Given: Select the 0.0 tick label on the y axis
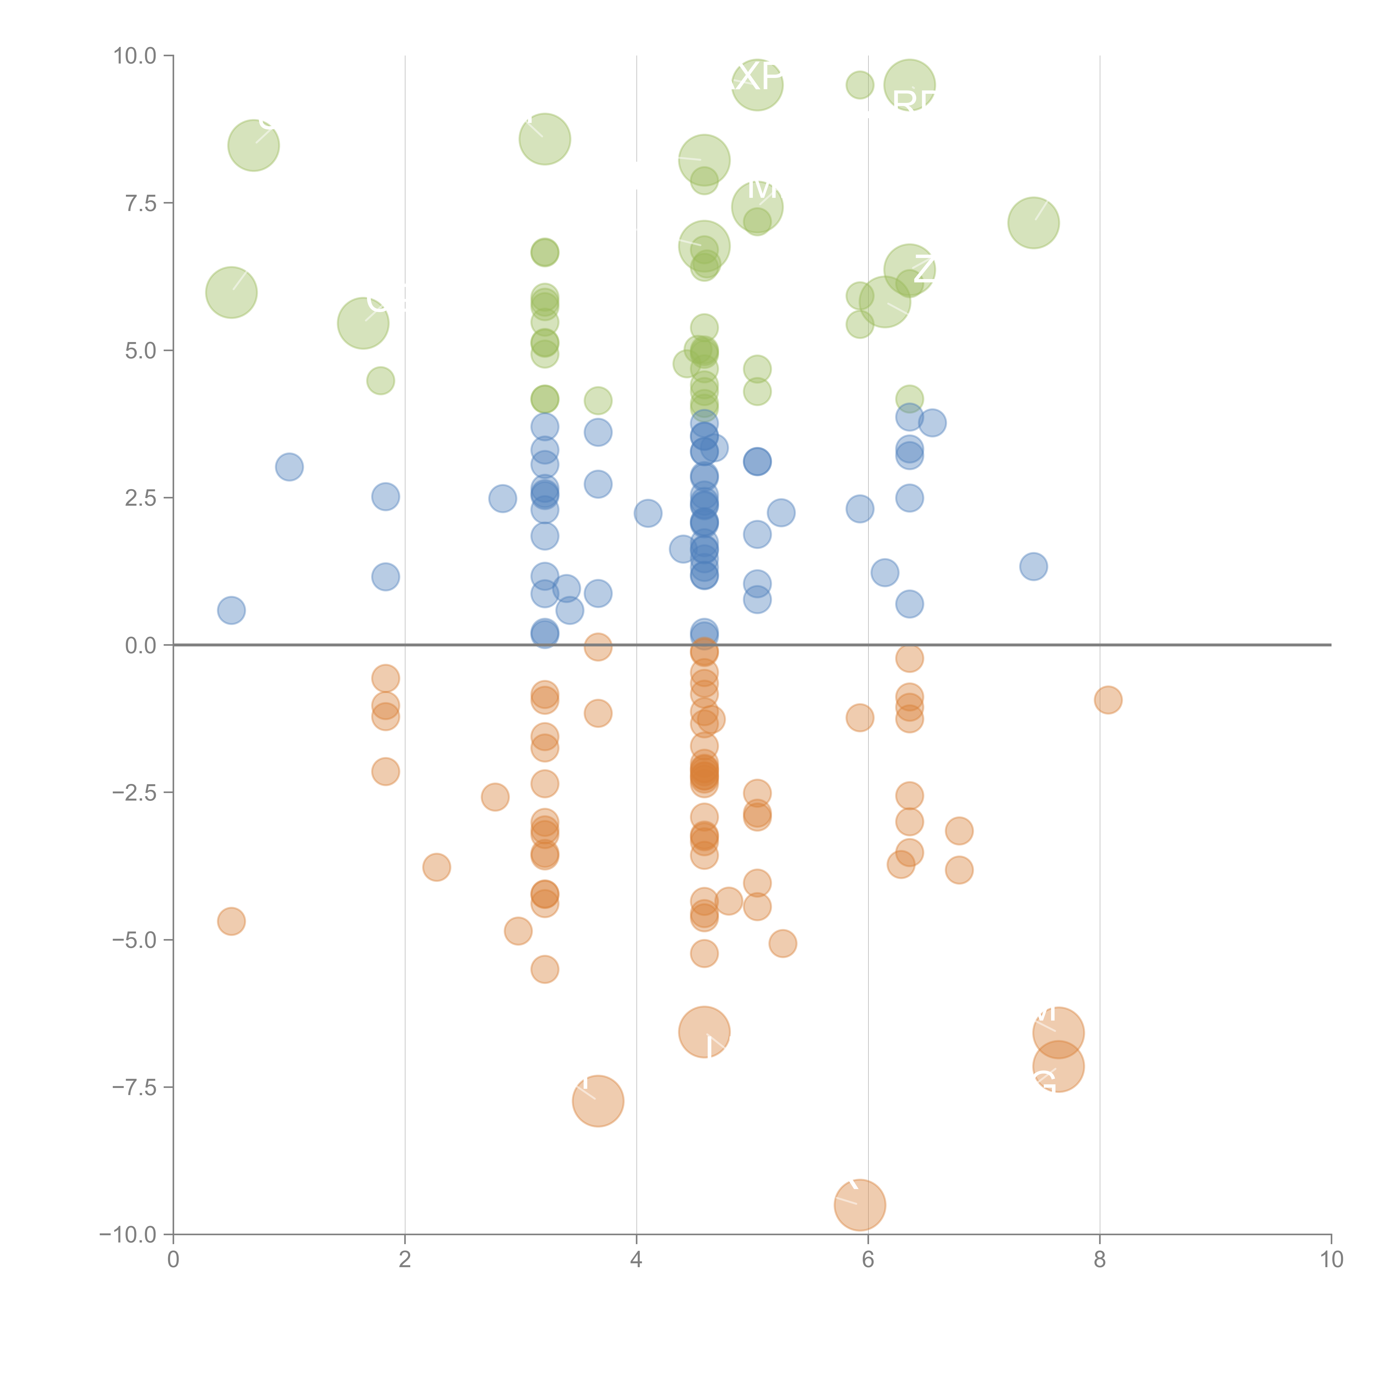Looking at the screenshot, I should click(140, 646).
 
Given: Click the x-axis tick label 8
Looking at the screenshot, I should click(1100, 1260).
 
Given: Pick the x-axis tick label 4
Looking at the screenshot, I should click(636, 1260).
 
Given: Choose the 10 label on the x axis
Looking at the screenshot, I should click(1331, 1260).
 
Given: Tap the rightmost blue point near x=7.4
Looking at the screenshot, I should click(1033, 566).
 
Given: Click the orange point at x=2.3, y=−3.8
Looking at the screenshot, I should click(436, 867).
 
